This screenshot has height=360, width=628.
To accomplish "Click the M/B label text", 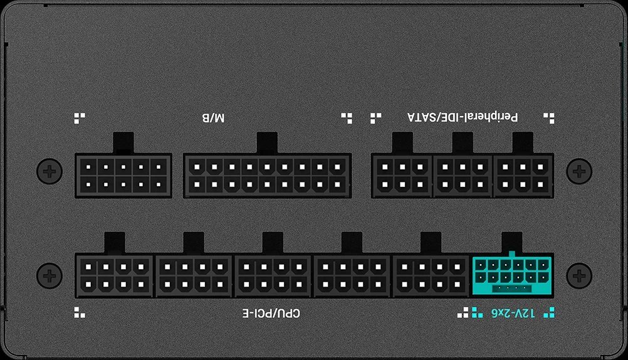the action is [x=213, y=118].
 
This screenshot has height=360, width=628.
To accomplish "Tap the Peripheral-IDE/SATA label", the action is [x=463, y=117].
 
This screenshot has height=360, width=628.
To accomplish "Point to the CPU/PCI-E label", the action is [x=271, y=313].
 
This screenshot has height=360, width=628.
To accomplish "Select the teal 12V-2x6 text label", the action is [x=513, y=313].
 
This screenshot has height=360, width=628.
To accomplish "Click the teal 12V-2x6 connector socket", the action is [x=512, y=275].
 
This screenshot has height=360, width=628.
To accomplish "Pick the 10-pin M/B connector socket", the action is [x=123, y=176].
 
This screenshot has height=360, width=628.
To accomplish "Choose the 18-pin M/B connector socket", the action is [x=267, y=176].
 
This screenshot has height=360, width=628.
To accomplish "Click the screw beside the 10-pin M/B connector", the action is [x=50, y=172].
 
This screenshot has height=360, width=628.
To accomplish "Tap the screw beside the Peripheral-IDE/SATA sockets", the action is [x=579, y=172].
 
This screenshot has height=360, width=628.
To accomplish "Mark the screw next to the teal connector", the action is [x=579, y=275].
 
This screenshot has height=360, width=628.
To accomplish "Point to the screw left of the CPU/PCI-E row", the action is [x=50, y=275].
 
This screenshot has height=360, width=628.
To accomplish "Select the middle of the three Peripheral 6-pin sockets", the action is [x=463, y=176].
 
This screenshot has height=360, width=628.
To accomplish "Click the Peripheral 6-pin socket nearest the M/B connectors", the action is [x=402, y=176].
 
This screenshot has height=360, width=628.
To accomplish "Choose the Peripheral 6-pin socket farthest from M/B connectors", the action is [x=523, y=176].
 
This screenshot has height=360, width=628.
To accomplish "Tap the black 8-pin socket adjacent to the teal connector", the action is [x=431, y=275].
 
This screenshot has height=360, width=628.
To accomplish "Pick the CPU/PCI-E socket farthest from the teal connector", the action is [x=114, y=275].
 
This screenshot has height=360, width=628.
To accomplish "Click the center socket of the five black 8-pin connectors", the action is [x=273, y=275].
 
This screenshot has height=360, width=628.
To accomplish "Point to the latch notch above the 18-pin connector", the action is [x=267, y=143].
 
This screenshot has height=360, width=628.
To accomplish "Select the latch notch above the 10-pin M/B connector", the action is [x=123, y=143].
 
